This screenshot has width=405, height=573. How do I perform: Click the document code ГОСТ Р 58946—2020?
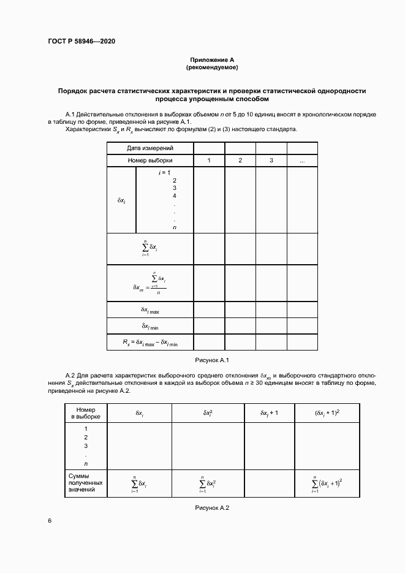pyautogui.click(x=81, y=42)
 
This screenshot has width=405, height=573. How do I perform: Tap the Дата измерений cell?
pyautogui.click(x=150, y=148)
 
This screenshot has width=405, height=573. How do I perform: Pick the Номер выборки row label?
pyautogui.click(x=150, y=161)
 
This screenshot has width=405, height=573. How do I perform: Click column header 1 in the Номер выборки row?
pyautogui.click(x=209, y=161)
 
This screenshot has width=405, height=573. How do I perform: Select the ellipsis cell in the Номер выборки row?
pyautogui.click(x=302, y=161)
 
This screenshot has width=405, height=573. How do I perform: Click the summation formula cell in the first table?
pyautogui.click(x=150, y=249)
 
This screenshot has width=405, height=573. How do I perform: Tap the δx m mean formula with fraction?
pyautogui.click(x=150, y=283)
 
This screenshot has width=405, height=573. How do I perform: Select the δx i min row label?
pyautogui.click(x=150, y=326)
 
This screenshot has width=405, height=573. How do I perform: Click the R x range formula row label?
pyautogui.click(x=150, y=342)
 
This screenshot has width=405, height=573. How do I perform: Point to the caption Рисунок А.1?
pyautogui.click(x=211, y=360)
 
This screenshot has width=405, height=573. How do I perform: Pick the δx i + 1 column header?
pyautogui.click(x=269, y=413)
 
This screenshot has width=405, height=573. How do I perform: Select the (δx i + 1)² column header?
pyautogui.click(x=328, y=413)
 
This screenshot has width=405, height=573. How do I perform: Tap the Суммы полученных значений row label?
pyautogui.click(x=87, y=483)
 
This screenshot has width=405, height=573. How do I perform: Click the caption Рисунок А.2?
pyautogui.click(x=211, y=507)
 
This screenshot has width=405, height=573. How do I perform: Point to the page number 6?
pyautogui.click(x=50, y=521)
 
